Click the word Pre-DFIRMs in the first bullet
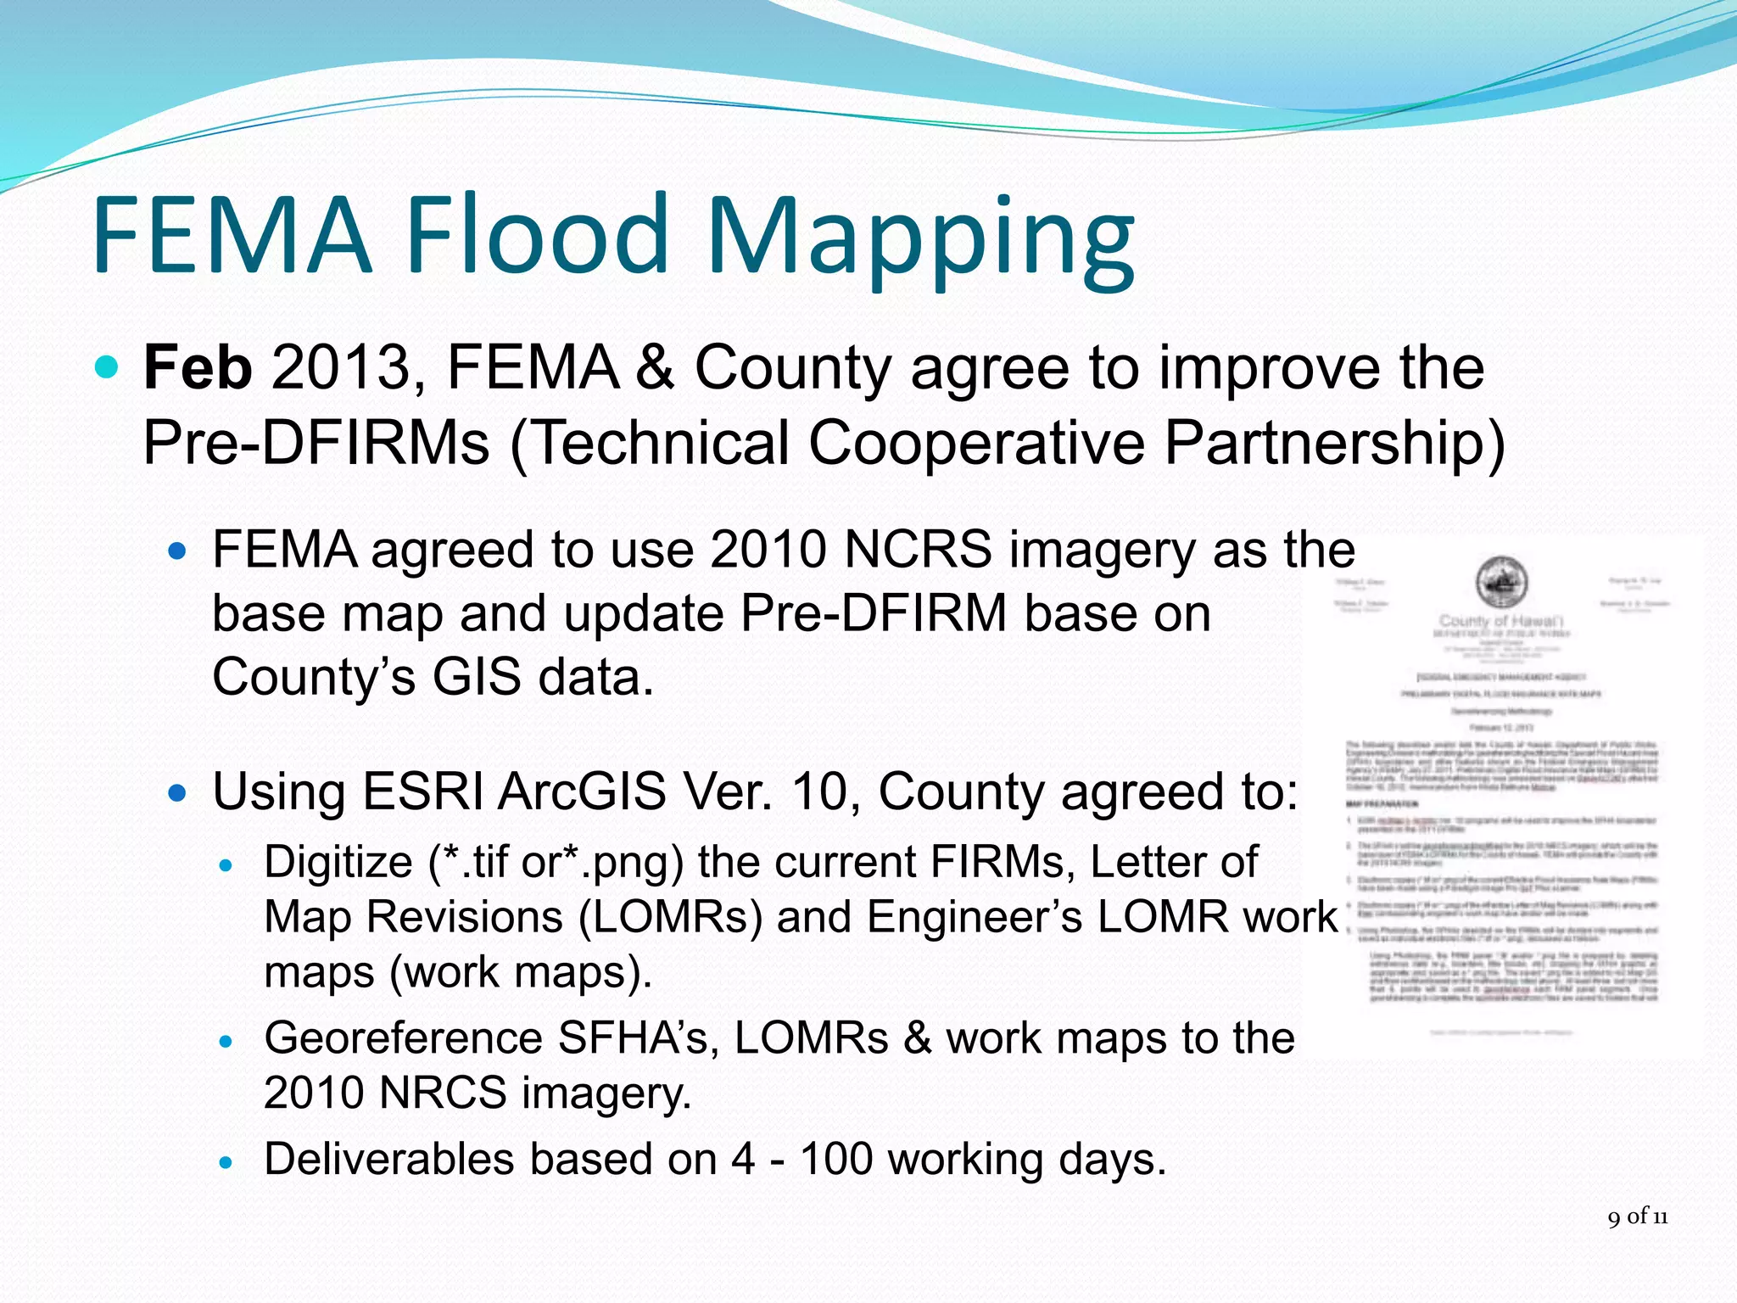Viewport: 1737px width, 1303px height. click(x=316, y=443)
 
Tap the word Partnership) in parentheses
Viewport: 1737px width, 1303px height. click(x=1334, y=443)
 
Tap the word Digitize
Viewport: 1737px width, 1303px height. click(x=338, y=862)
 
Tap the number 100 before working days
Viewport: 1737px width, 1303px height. click(x=836, y=1159)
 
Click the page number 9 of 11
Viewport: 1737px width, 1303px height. click(x=1637, y=1216)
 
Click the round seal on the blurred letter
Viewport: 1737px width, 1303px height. click(x=1501, y=582)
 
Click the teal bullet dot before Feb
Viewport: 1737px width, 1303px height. click(x=107, y=367)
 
